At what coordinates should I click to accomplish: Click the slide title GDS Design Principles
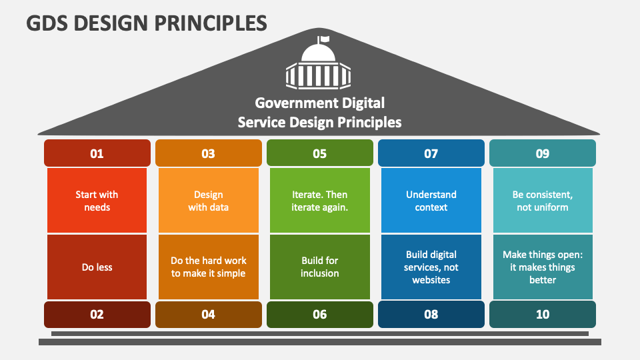click(x=147, y=23)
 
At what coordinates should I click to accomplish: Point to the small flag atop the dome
click(x=323, y=39)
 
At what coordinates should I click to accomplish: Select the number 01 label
click(x=97, y=153)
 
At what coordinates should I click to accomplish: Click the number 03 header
click(x=209, y=153)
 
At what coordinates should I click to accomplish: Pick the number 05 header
click(x=320, y=153)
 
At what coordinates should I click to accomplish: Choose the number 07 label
click(x=431, y=153)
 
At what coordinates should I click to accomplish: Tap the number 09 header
click(x=543, y=153)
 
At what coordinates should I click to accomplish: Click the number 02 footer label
click(x=97, y=314)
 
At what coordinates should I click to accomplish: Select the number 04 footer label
click(x=209, y=314)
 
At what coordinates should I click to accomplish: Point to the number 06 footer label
click(x=320, y=314)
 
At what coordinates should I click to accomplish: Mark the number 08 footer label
click(x=431, y=314)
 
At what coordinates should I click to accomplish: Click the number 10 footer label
click(x=543, y=314)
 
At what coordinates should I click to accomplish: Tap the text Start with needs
click(x=97, y=201)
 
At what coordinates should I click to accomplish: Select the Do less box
click(x=97, y=267)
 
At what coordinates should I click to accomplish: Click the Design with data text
click(x=209, y=201)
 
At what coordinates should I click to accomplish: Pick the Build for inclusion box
click(x=320, y=267)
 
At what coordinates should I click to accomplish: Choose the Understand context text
click(x=431, y=201)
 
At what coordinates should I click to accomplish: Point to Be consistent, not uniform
click(x=543, y=201)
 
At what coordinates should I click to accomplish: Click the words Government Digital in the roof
click(x=319, y=103)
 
